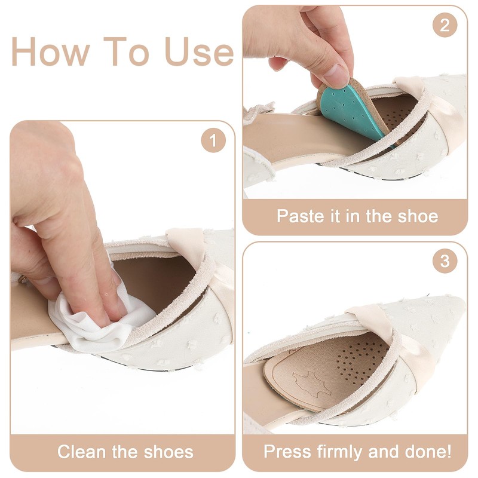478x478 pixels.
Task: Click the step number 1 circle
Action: (213, 142)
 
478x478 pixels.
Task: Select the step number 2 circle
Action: (445, 26)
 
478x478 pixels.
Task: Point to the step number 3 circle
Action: (445, 262)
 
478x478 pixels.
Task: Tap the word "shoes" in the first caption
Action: (167, 451)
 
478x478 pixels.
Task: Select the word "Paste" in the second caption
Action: (299, 216)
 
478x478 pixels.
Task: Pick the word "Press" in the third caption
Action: (286, 451)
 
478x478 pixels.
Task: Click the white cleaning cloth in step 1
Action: (90, 320)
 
